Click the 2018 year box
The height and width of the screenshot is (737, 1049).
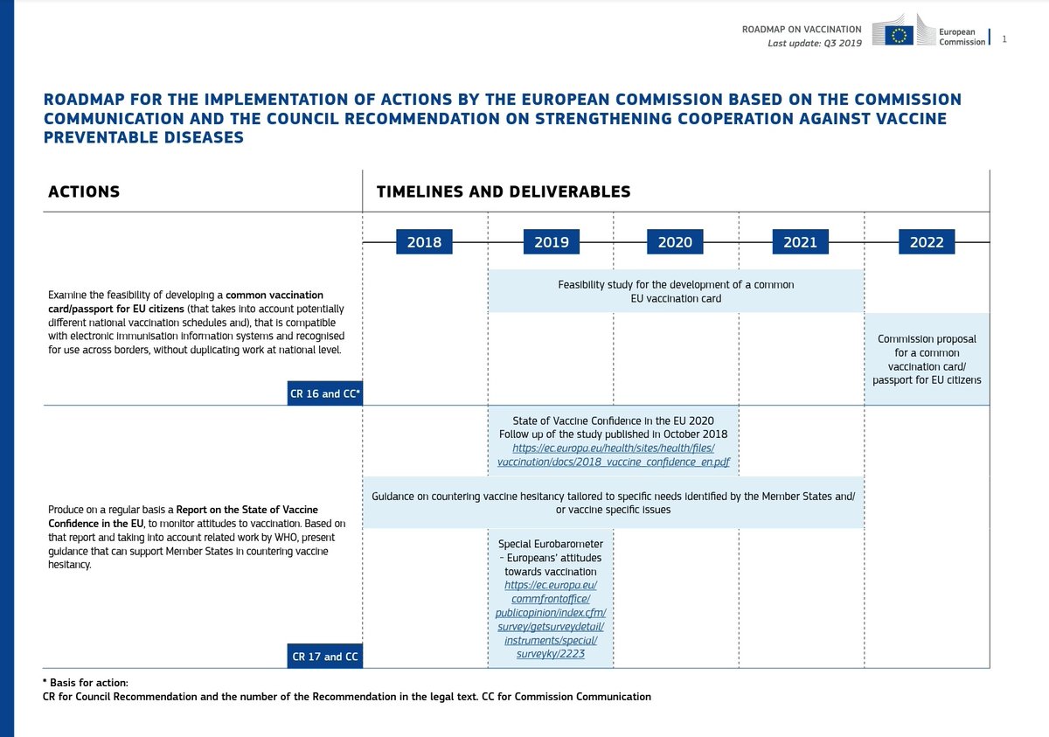[424, 242]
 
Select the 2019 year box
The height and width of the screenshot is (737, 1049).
[551, 242]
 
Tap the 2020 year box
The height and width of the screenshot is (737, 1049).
[675, 242]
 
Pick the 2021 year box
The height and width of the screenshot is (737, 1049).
[800, 242]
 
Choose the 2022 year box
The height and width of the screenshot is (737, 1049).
[927, 242]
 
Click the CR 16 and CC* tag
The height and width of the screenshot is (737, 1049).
[325, 393]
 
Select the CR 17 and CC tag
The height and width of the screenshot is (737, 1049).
[325, 656]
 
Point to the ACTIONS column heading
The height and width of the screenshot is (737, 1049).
[84, 191]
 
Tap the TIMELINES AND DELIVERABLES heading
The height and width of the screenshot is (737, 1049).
[503, 191]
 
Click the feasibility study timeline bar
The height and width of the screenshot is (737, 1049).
[675, 291]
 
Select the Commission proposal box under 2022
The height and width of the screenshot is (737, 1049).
[927, 359]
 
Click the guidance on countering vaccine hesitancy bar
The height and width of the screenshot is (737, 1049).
[613, 503]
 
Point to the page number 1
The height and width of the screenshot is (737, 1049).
[1004, 38]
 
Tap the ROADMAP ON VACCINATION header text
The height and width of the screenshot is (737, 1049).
[802, 30]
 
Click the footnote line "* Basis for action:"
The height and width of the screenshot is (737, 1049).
[85, 682]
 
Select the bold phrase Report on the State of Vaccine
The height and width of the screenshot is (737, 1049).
[247, 509]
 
